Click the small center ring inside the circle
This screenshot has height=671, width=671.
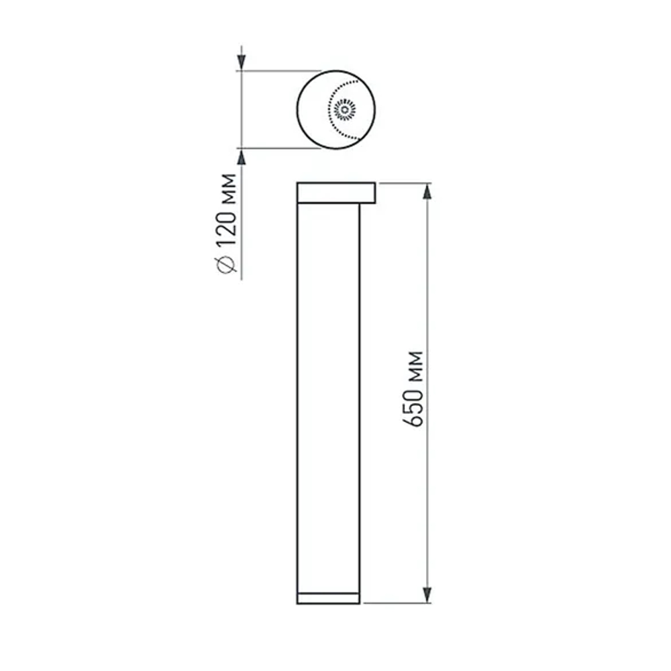click(345, 109)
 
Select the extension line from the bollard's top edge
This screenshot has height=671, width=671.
click(403, 183)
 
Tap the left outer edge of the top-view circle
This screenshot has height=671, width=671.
click(297, 109)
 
